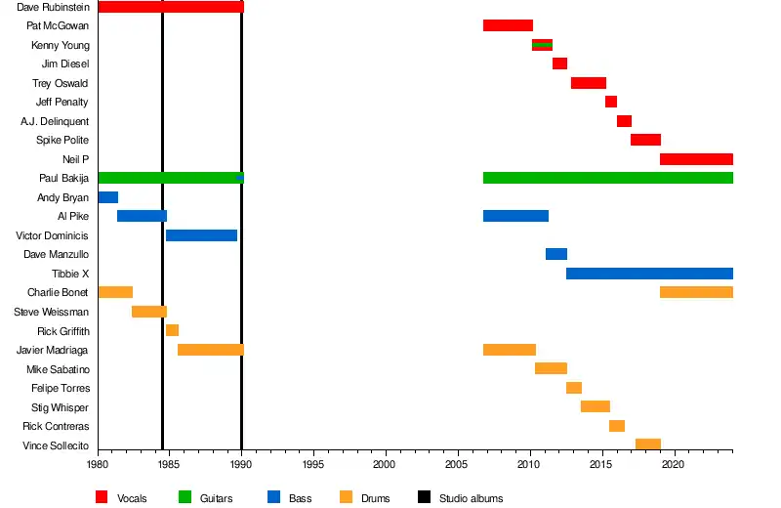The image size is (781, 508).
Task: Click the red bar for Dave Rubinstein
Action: [171, 7]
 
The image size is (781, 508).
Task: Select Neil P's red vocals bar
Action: [696, 159]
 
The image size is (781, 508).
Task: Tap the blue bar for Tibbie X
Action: [649, 274]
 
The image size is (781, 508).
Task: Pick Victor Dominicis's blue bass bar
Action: [201, 235]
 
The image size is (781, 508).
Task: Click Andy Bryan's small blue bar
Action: [107, 197]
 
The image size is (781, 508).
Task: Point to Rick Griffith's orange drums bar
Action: [172, 330]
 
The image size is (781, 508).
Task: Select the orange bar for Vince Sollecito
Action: [647, 444]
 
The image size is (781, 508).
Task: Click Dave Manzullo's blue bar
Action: [555, 254]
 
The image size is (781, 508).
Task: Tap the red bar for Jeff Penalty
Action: [610, 102]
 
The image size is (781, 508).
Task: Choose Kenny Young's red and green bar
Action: [542, 45]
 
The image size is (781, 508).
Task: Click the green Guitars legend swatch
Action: [184, 498]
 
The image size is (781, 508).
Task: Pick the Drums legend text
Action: [375, 498]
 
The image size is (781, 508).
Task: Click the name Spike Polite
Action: [62, 140]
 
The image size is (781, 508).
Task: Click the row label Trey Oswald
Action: [61, 83]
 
